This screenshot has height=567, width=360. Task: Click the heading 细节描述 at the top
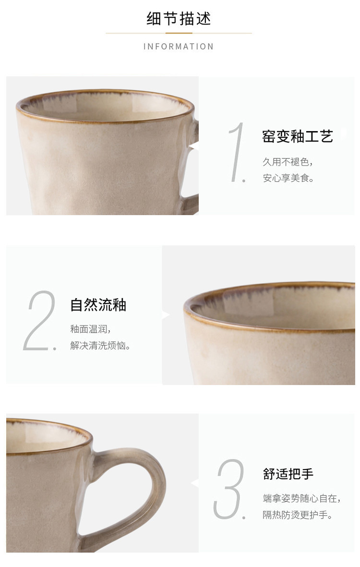179,18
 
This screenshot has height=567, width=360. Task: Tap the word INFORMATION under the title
179,47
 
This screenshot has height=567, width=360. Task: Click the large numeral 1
238,152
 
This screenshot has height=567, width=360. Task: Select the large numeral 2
40,320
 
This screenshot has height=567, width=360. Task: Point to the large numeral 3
229,489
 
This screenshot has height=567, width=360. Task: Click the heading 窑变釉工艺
298,136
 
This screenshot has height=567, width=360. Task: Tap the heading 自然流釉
98,305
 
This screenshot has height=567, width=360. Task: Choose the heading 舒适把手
288,474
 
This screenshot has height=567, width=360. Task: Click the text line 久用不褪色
288,162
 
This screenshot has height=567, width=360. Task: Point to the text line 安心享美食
288,178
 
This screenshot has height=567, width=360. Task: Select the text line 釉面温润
90,329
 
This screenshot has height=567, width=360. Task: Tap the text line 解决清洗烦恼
100,345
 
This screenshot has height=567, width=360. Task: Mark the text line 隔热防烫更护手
297,515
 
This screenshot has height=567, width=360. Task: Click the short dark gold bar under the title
179,33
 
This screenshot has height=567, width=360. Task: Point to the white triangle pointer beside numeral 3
195,483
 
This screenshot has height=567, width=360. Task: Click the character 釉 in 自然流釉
119,305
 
